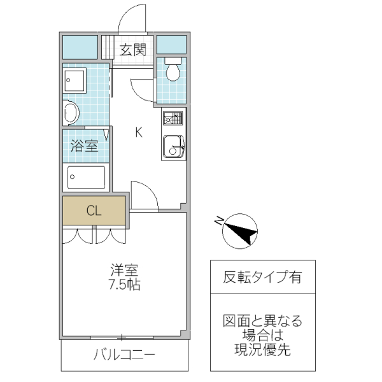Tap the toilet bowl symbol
172,70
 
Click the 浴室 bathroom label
84,146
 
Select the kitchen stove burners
173,118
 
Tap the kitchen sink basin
171,147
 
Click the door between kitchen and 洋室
143,195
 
